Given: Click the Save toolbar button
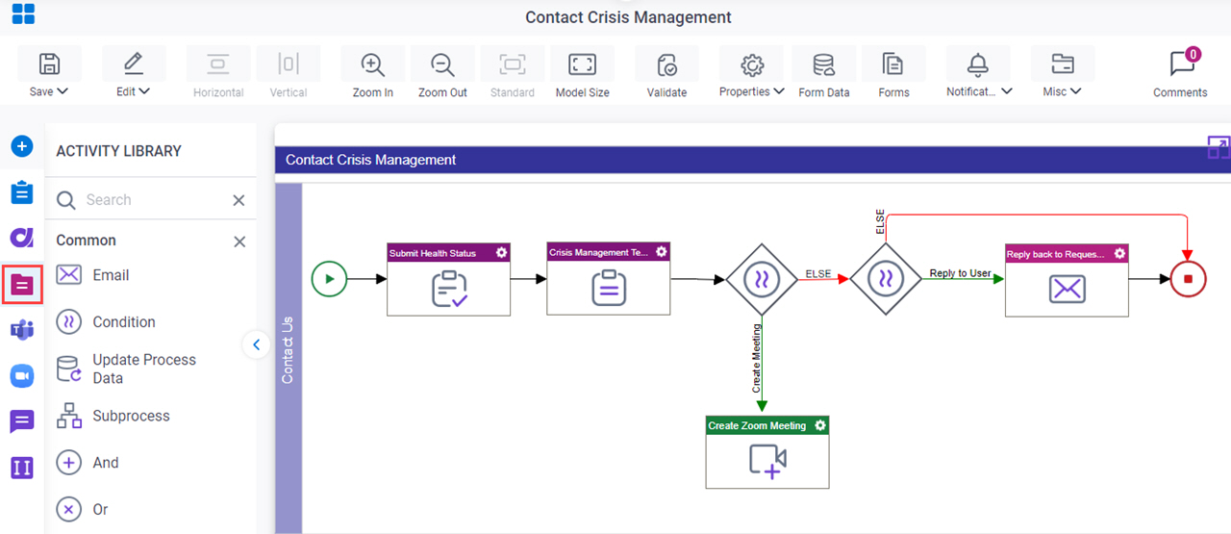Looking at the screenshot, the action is [49, 72].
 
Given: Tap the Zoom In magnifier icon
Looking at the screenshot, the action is [372, 64].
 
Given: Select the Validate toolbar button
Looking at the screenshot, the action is [666, 72].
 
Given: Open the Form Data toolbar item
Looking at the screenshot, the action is [824, 72].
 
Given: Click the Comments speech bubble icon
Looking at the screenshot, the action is [1182, 64].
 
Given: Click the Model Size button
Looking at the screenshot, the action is [583, 72].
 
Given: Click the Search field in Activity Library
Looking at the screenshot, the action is [157, 199].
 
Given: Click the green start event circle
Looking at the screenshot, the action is [329, 279].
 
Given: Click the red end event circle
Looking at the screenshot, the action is [1188, 279].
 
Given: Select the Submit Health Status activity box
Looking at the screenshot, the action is [448, 279].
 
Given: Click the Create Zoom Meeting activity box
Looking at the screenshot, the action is [767, 452].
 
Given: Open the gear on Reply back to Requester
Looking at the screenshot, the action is [1119, 253].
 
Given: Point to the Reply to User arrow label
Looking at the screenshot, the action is [960, 273].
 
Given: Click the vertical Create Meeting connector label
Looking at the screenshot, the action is [757, 359].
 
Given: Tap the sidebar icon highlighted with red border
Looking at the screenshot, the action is [22, 285].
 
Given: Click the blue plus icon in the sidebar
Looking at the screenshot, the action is [22, 146].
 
